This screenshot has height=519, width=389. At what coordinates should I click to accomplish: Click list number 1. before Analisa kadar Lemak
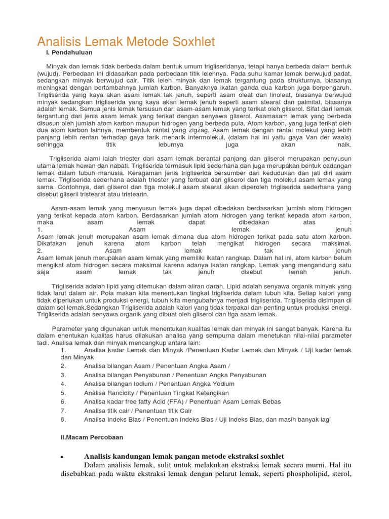(63, 350)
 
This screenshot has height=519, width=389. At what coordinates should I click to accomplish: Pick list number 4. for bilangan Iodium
(63, 384)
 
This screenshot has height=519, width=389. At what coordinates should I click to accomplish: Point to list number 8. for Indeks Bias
(63, 419)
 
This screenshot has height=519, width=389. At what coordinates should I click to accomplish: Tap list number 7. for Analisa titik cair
(63, 411)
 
